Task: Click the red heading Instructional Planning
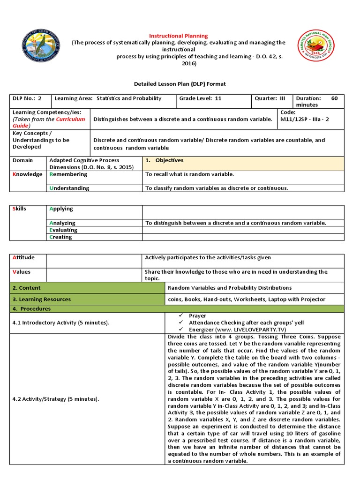[x=178, y=36]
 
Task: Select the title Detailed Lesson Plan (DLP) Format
[x=180, y=84]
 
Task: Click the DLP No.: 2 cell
[x=27, y=98]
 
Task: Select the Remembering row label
[x=68, y=174]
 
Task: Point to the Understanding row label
[x=69, y=188]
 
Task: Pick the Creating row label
[x=61, y=237]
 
